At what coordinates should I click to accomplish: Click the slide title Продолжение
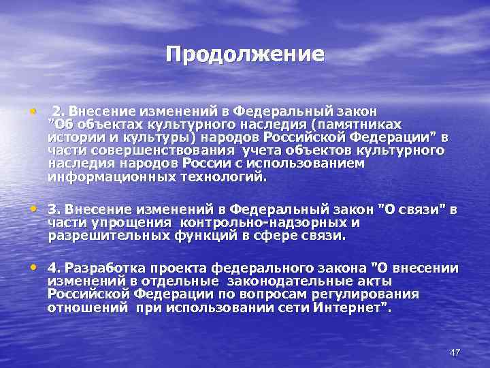pos(245,54)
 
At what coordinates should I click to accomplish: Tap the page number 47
pos(455,352)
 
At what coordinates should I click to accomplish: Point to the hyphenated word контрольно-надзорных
pos(263,222)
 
